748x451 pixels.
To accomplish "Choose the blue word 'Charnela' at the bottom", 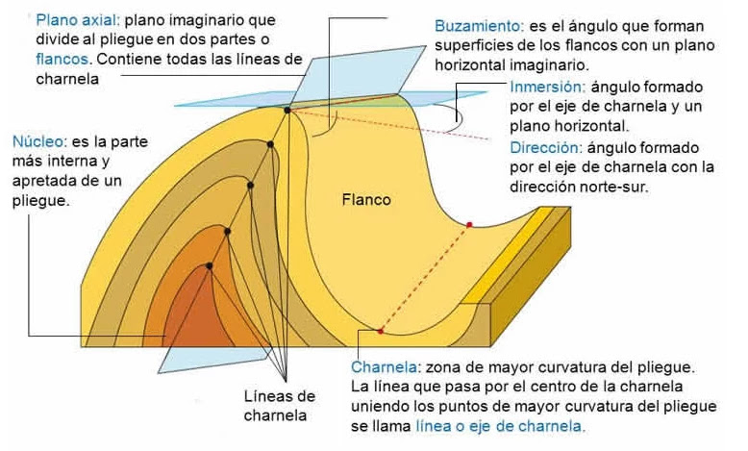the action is pyautogui.click(x=382, y=368).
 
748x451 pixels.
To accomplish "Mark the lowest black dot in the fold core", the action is pyautogui.click(x=209, y=265).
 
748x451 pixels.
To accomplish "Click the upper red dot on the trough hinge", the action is pyautogui.click(x=469, y=225).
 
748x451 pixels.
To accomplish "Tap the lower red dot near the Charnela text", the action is pyautogui.click(x=381, y=331).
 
